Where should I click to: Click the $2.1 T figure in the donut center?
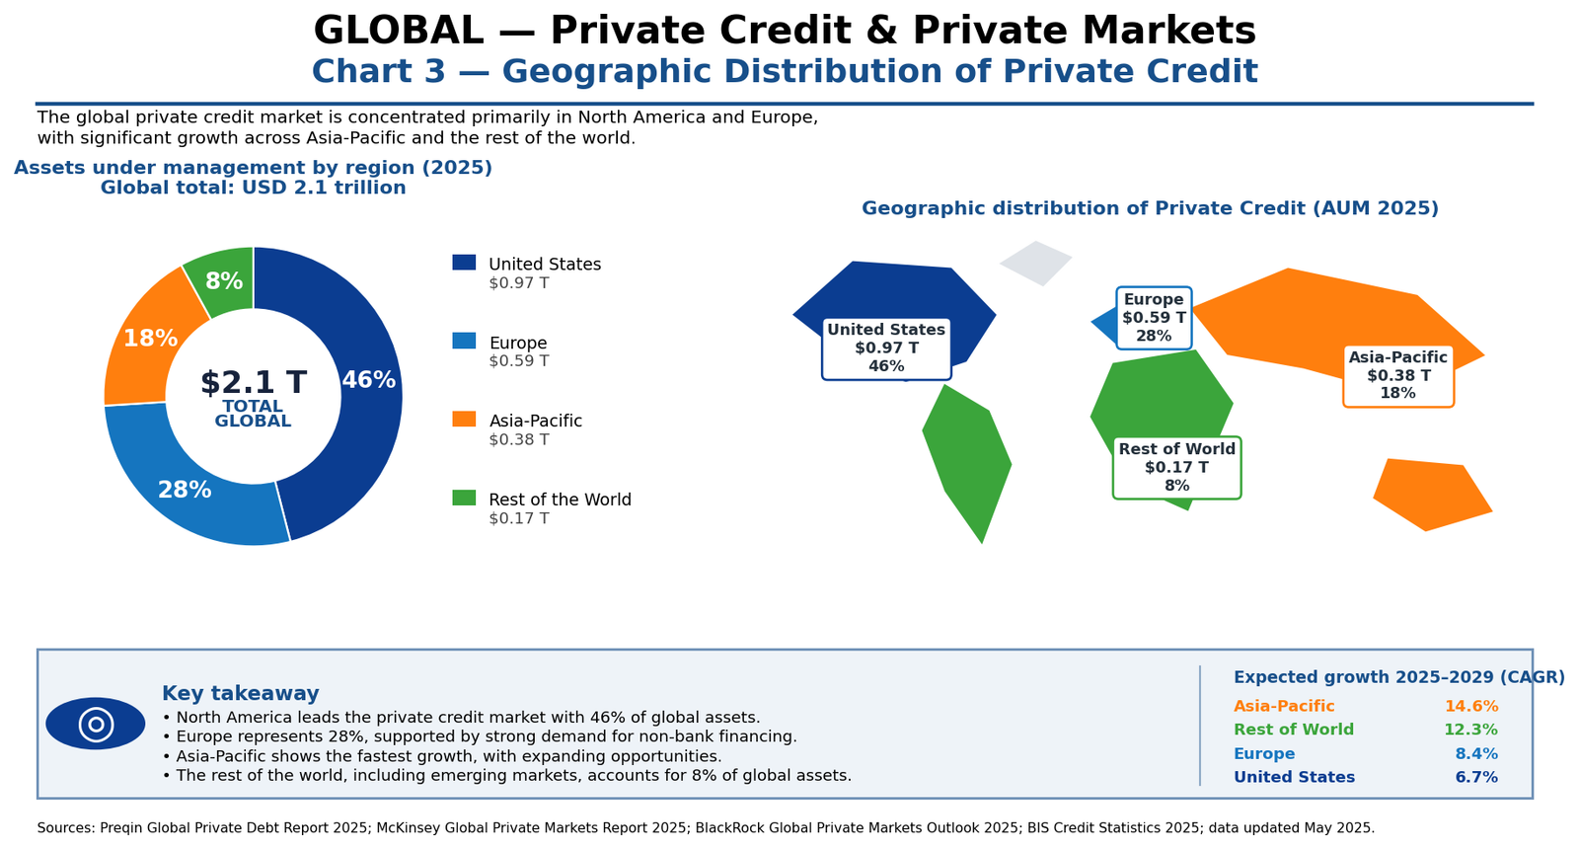tap(253, 383)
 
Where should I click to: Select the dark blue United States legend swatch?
tap(464, 263)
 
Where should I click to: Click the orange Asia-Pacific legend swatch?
tap(464, 419)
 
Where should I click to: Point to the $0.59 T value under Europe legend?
tap(519, 361)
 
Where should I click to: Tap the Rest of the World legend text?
tap(560, 500)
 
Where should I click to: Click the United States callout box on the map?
tap(886, 348)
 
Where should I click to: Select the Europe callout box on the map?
tap(1154, 318)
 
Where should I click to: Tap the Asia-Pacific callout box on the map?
tap(1397, 376)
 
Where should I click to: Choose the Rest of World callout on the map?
tap(1176, 468)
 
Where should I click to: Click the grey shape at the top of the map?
tap(1035, 263)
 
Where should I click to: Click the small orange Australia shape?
tap(1431, 495)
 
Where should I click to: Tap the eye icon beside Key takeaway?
tap(95, 724)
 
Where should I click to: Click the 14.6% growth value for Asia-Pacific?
tap(1471, 706)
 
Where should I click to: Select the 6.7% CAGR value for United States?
tap(1476, 777)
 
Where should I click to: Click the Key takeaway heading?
tap(241, 693)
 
